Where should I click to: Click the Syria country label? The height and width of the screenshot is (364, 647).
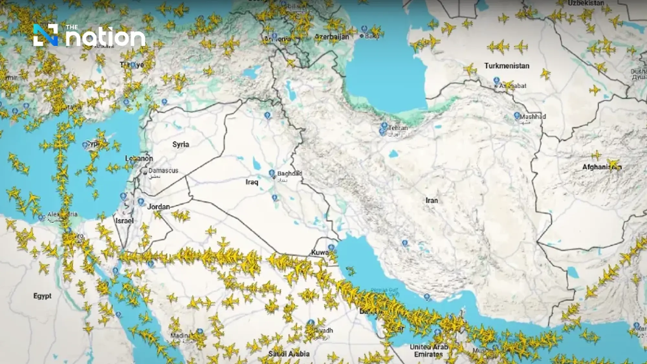click(181, 145)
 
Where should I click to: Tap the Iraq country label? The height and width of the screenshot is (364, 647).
click(252, 182)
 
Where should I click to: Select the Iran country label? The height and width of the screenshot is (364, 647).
click(432, 201)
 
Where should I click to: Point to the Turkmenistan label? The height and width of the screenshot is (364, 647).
click(507, 66)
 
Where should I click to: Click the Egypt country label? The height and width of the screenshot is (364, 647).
click(42, 296)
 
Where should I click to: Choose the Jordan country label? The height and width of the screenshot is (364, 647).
click(159, 207)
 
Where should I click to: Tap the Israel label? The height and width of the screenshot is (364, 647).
click(125, 221)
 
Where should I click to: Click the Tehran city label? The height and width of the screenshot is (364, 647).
click(398, 128)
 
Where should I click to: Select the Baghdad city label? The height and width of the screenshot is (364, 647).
click(290, 174)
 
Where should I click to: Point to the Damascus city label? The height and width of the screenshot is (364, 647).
click(163, 171)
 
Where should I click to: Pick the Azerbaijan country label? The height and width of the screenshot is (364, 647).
click(332, 37)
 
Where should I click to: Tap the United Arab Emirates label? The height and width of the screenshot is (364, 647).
click(429, 351)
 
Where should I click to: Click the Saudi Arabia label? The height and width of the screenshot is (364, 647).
click(289, 354)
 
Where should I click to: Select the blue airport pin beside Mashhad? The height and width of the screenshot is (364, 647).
click(517, 116)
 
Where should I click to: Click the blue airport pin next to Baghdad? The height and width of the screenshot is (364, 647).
click(272, 173)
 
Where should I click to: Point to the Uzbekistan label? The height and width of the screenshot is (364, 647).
click(586, 3)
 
